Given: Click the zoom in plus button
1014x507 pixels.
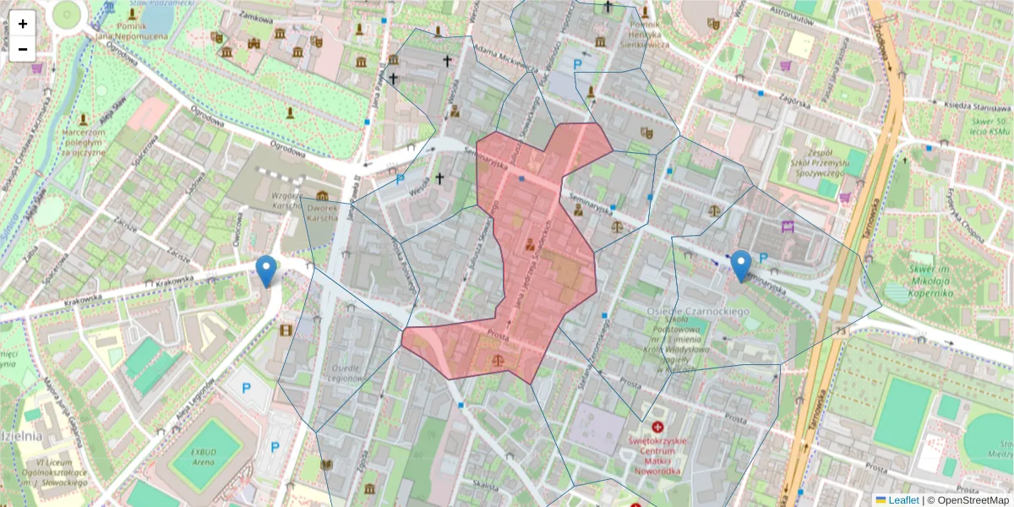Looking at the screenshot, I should [x=23, y=24].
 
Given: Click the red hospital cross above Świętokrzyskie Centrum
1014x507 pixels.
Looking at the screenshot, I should [x=658, y=429].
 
